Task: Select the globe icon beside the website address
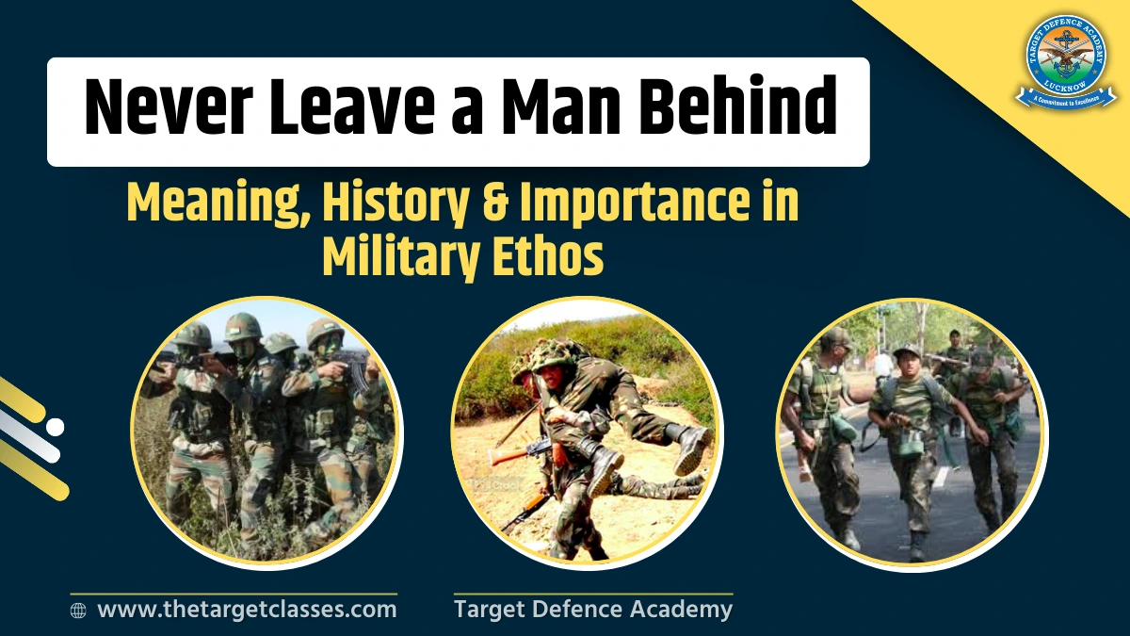pos(79,611)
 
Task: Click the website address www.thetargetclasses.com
pos(247,610)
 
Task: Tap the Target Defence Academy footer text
pos(592,610)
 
